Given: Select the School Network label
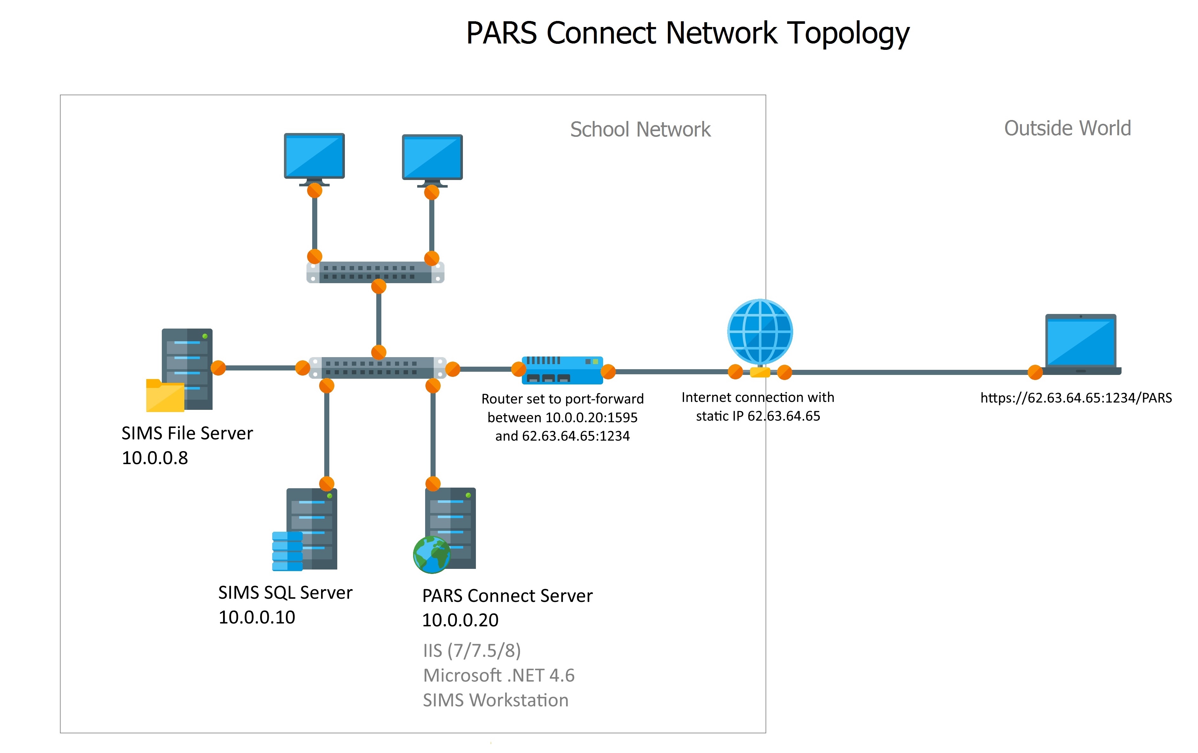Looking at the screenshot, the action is click(640, 130).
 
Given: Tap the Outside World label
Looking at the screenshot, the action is click(1067, 128).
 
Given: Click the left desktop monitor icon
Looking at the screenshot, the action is click(314, 156).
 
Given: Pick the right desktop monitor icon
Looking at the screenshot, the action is click(432, 157).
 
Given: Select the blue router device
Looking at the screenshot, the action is click(562, 370).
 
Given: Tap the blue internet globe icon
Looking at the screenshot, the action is click(760, 331).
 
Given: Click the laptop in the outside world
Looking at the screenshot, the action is click(1081, 343).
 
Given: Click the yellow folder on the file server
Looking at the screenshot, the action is click(165, 396).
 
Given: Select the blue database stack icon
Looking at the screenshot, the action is click(287, 551).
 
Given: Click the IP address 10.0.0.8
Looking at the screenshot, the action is click(155, 458).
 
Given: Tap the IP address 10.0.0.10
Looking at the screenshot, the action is click(257, 617).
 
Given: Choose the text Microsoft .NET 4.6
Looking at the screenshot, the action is click(498, 675).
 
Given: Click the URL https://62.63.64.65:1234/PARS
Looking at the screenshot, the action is click(1076, 398).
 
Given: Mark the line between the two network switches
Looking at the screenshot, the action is click(378, 319).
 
